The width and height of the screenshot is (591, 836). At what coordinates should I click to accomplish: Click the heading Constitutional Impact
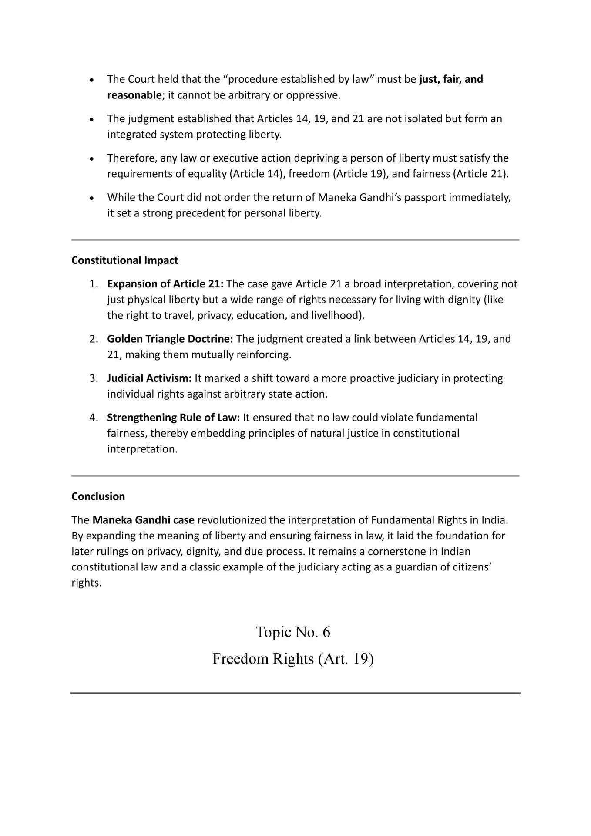[x=124, y=260]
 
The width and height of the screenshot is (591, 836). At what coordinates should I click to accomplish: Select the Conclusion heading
[x=98, y=496]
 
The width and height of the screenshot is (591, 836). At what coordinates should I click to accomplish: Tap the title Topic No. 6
[x=293, y=632]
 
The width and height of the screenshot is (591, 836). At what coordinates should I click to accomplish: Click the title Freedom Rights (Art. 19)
[x=293, y=659]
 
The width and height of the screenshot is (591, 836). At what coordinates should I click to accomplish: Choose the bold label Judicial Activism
[x=149, y=378]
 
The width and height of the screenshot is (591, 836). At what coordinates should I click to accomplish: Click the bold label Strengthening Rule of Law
[x=173, y=418]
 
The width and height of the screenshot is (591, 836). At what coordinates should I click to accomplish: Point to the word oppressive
[x=313, y=95]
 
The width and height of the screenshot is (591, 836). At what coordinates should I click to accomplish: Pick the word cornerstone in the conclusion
[x=402, y=551]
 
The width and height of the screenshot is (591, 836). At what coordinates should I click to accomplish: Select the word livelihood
[x=336, y=315]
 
